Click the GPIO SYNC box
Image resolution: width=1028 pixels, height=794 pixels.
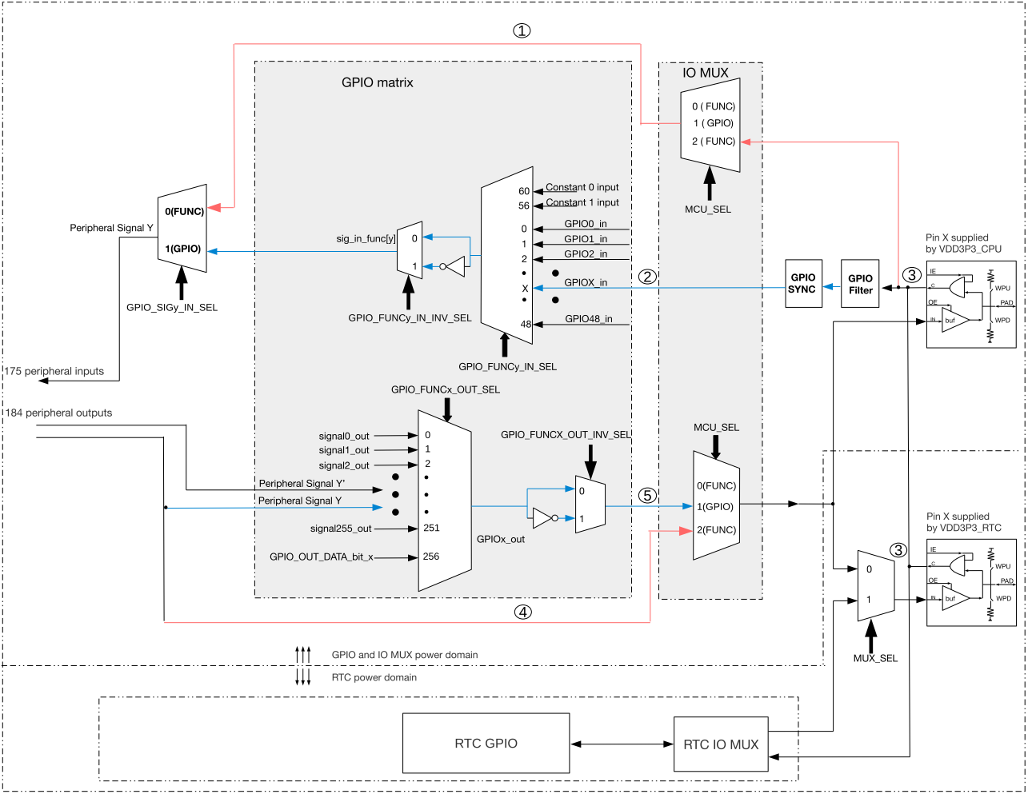point(802,284)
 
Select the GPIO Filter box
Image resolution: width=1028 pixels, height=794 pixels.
point(860,284)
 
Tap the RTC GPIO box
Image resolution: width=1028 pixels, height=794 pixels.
point(486,744)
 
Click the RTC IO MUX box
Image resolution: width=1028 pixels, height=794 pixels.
point(721,744)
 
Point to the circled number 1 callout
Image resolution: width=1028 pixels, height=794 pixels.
point(522,30)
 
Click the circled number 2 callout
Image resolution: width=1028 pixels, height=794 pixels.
point(647,277)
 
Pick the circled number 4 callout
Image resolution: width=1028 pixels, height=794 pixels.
point(522,612)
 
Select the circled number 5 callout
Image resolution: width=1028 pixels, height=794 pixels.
point(647,496)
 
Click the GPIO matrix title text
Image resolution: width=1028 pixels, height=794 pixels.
point(377,82)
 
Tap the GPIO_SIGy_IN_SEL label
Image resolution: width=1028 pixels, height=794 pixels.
point(172,307)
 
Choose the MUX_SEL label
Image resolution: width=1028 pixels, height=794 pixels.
point(875,658)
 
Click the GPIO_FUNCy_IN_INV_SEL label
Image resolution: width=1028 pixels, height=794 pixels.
point(410,318)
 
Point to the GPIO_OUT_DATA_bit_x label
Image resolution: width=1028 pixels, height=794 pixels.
point(322,557)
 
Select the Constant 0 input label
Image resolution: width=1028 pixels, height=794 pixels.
point(582,187)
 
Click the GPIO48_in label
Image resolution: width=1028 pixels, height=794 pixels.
point(588,319)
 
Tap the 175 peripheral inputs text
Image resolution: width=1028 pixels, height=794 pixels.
point(54,371)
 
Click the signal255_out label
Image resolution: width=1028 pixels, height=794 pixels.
point(341,529)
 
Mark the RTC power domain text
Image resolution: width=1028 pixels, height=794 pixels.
point(374,677)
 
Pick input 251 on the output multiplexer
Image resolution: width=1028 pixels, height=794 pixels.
point(431,528)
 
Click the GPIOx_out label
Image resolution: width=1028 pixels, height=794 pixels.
point(501,539)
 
